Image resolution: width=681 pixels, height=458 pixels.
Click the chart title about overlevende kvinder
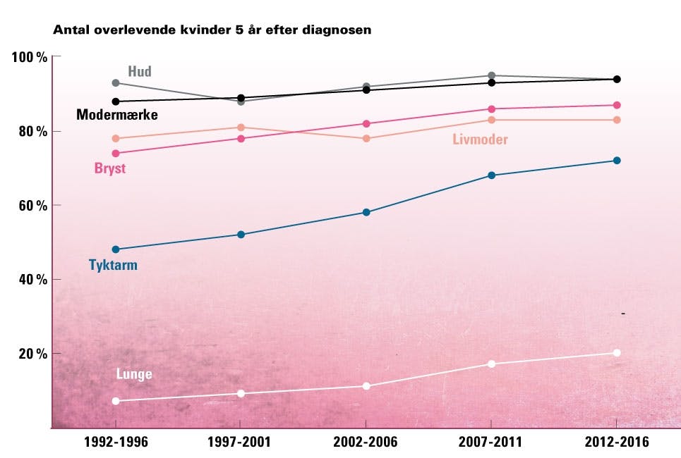click(212, 30)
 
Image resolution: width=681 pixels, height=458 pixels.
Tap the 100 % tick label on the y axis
click(29, 57)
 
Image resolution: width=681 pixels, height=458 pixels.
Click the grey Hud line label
click(140, 71)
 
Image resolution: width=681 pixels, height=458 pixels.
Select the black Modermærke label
click(116, 114)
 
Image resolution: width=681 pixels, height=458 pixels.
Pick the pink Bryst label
click(109, 169)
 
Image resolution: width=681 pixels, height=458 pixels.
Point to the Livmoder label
click(480, 140)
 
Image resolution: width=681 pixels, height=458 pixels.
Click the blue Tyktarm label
click(113, 266)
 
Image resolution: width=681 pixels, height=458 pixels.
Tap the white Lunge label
click(134, 374)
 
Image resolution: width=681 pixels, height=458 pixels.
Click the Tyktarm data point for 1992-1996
click(116, 249)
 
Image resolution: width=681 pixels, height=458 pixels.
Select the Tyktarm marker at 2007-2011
click(492, 175)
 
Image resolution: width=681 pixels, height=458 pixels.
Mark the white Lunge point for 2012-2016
click(617, 353)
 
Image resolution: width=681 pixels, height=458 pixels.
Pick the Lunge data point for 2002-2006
click(366, 386)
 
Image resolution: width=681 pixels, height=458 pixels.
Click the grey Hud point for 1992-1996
click(116, 83)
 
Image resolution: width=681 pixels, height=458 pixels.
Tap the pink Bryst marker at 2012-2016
click(617, 105)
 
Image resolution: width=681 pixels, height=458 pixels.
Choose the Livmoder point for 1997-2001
click(241, 128)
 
